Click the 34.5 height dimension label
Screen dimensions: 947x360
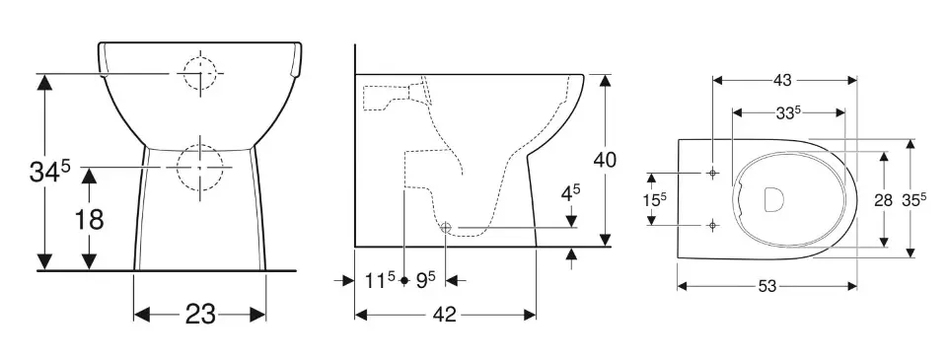pyautogui.click(x=50, y=172)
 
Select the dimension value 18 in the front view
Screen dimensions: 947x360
pyautogui.click(x=90, y=220)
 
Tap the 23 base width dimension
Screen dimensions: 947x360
pyautogui.click(x=200, y=314)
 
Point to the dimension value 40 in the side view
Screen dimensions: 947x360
pyautogui.click(x=605, y=160)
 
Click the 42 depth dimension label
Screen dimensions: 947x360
pyautogui.click(x=445, y=314)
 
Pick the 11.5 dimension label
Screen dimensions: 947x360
pyautogui.click(x=380, y=280)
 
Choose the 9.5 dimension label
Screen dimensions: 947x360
pyautogui.click(x=426, y=280)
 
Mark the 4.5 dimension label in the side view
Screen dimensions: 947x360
pyautogui.click(x=571, y=193)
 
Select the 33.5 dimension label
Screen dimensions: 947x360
pyautogui.click(x=788, y=112)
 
